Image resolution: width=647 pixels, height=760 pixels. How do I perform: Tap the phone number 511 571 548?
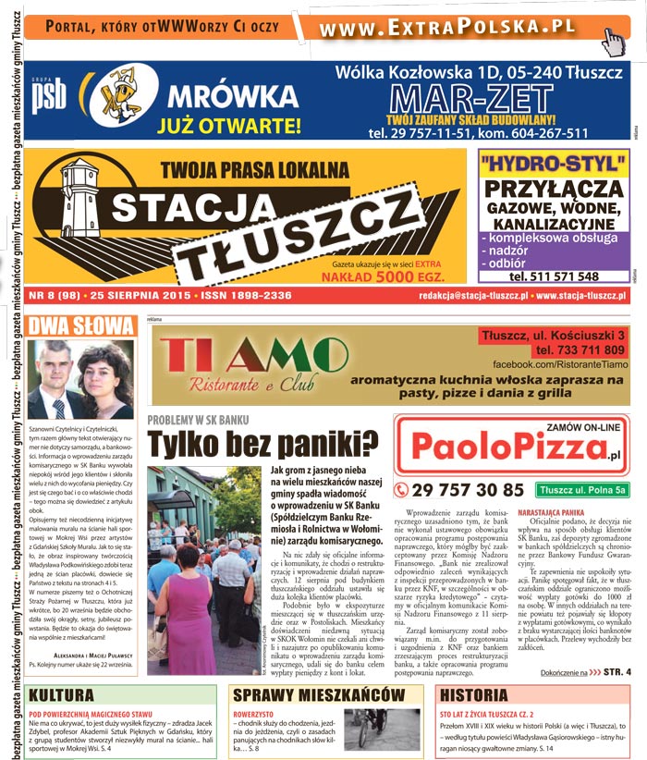pos(554,276)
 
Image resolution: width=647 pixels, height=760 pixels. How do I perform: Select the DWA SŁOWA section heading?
pos(81,325)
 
